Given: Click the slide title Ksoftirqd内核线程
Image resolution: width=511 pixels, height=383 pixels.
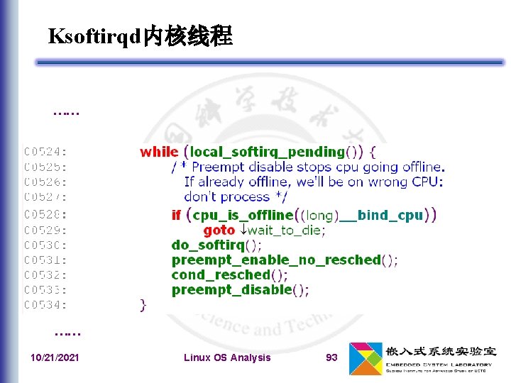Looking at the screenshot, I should click(x=140, y=37).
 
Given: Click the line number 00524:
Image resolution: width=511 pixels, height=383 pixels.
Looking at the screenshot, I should click(x=46, y=152).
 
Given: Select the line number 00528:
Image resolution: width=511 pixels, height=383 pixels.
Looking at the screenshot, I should click(x=46, y=214).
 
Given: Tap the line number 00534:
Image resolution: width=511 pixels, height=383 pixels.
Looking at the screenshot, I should click(x=46, y=305).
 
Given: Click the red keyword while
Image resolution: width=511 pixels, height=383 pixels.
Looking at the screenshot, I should click(x=159, y=152).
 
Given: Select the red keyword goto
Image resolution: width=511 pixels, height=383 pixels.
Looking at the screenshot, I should click(x=219, y=230).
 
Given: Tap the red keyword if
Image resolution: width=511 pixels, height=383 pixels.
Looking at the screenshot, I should click(x=176, y=215).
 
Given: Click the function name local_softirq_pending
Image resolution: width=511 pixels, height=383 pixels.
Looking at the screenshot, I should click(x=268, y=152).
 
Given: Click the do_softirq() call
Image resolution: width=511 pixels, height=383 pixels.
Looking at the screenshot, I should click(x=216, y=245).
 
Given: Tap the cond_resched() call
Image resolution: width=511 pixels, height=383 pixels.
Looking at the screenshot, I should click(x=229, y=274).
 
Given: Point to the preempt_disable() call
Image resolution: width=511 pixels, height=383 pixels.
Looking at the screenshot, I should click(x=240, y=289).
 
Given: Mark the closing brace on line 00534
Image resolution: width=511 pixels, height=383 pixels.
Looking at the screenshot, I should click(x=143, y=305).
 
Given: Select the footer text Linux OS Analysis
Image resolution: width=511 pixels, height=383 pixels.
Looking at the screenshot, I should click(x=227, y=357).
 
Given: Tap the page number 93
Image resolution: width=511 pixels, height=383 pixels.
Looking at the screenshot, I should click(x=331, y=357).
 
